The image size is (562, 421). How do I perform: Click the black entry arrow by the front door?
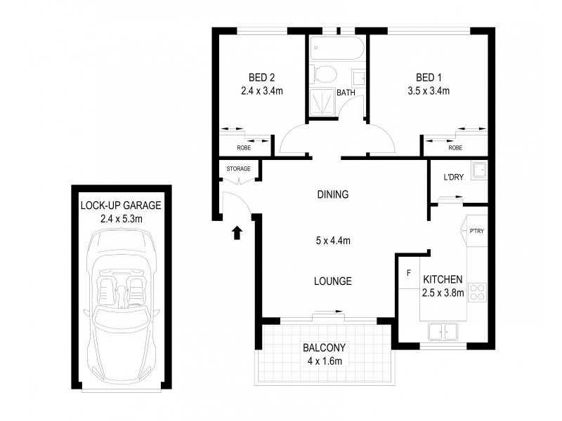pos(237,232)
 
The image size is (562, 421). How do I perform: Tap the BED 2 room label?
pos(260,77)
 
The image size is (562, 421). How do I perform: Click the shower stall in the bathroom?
pos(322,102)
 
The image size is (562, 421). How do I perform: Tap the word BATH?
pos(346,93)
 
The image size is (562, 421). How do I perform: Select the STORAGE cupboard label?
pos(240,168)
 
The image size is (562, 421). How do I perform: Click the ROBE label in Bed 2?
pos(244,148)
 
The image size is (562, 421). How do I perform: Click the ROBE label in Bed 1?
pos(455,148)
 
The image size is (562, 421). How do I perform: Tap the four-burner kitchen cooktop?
pos(478,291)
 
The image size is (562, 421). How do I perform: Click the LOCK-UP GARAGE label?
pos(121,206)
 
